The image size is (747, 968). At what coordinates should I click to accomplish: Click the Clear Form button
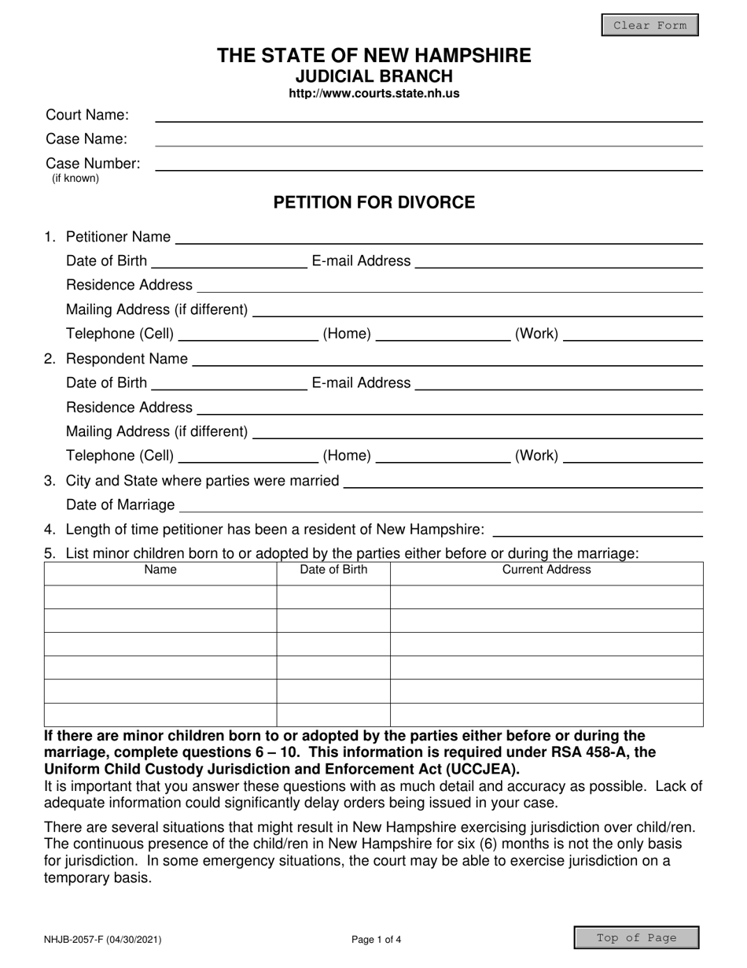point(649,25)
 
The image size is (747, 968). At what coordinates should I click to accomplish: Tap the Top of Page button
point(636,937)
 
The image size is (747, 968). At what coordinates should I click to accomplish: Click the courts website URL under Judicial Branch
point(373,94)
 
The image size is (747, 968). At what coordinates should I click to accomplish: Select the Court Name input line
point(429,116)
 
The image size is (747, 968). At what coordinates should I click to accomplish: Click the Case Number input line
point(429,164)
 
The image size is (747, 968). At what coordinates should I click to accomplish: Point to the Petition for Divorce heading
point(373,203)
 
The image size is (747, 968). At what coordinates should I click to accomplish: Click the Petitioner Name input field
point(439,238)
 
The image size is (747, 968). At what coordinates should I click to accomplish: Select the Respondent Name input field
point(447,360)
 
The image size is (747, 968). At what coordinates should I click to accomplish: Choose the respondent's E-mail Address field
point(558,384)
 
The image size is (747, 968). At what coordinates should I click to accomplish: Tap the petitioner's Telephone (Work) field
point(633,334)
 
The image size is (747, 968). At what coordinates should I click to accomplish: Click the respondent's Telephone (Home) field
point(443,456)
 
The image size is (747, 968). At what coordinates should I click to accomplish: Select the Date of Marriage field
point(441,505)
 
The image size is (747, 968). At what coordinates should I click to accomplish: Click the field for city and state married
point(523,482)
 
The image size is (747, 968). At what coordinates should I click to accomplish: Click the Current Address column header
point(546,570)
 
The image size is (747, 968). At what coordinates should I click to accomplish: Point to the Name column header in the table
point(160,570)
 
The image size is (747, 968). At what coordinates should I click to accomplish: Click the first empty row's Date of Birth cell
point(333,597)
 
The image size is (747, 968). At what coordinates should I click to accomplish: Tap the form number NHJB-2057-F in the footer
point(104,939)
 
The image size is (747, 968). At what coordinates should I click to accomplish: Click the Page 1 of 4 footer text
point(376,939)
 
